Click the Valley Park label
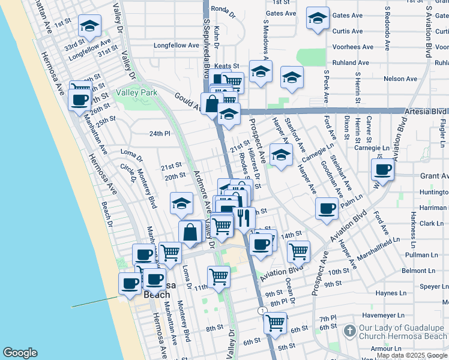pos(136,92)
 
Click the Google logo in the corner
pos(20,352)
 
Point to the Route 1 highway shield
pos(263,310)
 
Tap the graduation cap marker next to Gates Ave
pos(318,19)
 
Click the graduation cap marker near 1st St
pos(89,26)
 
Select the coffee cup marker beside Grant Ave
pos(382,169)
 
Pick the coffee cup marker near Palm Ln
pos(326,209)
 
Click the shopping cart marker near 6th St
pos(275,323)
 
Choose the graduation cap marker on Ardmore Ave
pos(181,203)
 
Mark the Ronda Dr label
pos(221,9)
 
